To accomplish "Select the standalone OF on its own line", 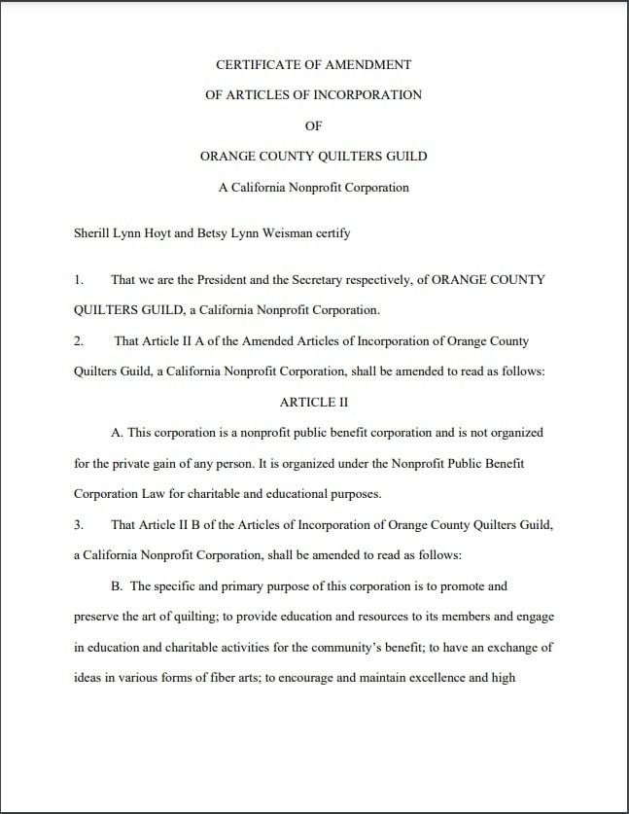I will coord(313,125).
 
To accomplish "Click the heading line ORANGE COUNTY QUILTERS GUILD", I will coord(313,156).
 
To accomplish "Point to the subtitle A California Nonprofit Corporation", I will coord(313,187).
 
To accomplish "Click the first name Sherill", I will coord(93,233).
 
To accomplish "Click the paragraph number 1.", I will coord(78,279).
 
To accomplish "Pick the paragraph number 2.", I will coord(78,340).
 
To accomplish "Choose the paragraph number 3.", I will coord(78,524).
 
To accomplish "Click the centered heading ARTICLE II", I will coord(313,402).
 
